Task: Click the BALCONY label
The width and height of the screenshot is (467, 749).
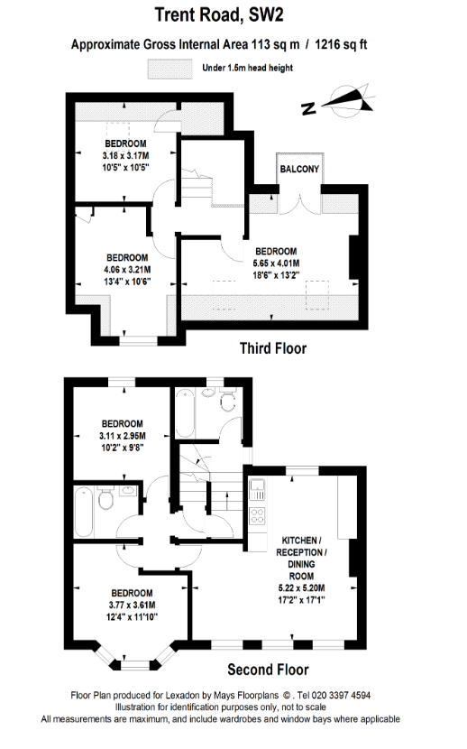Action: tap(299, 169)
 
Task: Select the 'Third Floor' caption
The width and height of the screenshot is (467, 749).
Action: tap(273, 348)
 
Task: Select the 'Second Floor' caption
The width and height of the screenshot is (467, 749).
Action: tap(268, 670)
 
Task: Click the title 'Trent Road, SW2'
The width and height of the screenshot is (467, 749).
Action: tap(219, 14)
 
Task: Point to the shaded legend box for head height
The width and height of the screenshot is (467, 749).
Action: tap(169, 69)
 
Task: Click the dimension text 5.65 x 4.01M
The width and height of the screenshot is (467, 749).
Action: tap(276, 264)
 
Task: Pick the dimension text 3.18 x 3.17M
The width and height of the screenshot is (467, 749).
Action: tap(125, 156)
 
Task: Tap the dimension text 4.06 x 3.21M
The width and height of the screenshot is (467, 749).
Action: tap(127, 270)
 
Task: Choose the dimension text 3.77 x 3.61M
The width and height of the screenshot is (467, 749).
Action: tap(133, 605)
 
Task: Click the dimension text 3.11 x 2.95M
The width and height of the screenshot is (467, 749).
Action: tap(122, 436)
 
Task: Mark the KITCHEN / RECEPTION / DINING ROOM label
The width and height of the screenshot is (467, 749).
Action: tap(301, 559)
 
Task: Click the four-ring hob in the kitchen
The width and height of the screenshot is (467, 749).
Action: tap(258, 515)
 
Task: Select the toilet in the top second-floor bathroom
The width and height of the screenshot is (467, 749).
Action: tap(228, 401)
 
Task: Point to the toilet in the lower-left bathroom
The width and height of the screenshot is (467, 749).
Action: tap(105, 498)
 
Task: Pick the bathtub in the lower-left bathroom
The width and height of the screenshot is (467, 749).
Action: tap(84, 511)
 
